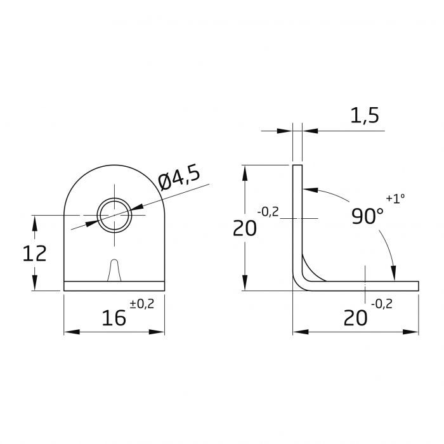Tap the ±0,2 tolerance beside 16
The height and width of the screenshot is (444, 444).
pos(141,304)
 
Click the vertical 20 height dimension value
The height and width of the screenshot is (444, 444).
pos(244,228)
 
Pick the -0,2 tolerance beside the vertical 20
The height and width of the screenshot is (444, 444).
pos(268,212)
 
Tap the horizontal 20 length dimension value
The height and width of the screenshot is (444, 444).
pos(355,317)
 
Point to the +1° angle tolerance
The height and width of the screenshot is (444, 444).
pos(395,199)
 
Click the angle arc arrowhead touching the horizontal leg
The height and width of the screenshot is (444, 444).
pos(394,273)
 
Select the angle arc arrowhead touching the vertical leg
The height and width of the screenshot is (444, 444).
pos(308,189)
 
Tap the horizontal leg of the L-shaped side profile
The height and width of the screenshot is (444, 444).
pos(368,285)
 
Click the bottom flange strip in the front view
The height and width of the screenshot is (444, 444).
pos(114,286)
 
